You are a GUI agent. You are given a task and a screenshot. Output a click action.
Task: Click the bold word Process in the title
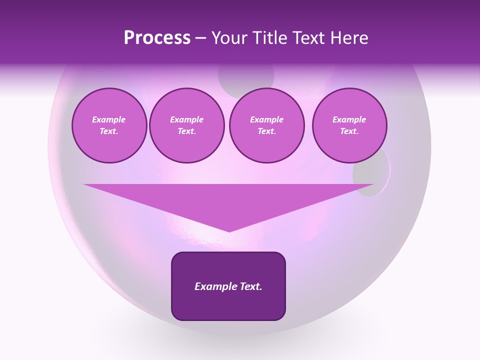coord(157,38)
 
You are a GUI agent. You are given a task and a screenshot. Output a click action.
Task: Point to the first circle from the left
coord(109,125)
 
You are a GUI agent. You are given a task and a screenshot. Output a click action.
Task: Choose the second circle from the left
coord(186,125)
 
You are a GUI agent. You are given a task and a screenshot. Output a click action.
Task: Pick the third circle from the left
coord(266,125)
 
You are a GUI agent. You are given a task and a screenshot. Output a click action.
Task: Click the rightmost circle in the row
coord(349,125)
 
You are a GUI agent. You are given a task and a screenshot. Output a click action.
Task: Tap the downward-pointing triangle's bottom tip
coord(229,230)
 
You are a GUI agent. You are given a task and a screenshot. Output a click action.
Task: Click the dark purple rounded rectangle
coord(228,286)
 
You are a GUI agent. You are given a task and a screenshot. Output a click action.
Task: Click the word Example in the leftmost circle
coord(109,120)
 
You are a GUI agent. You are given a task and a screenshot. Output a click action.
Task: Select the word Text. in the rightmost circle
coord(349,131)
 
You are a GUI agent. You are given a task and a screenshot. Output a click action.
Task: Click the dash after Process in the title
coord(201,38)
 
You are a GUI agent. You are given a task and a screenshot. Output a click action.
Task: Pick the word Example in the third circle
coord(266,120)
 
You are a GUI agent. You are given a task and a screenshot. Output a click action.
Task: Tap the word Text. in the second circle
coord(186,131)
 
